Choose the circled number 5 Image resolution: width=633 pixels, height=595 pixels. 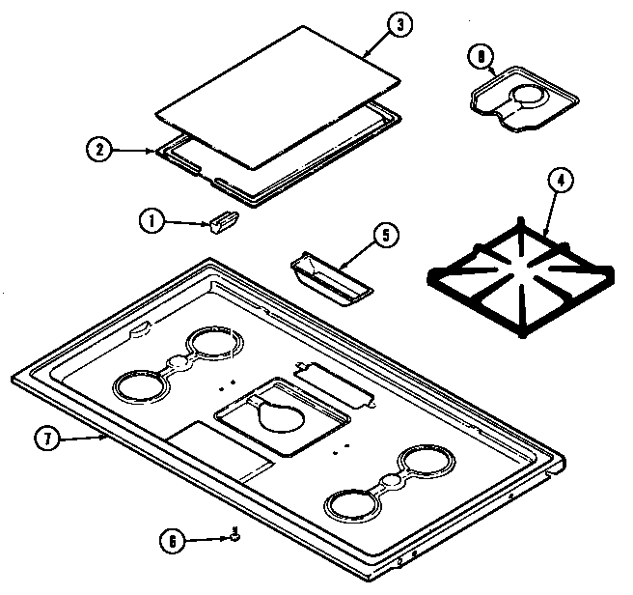pos(382,234)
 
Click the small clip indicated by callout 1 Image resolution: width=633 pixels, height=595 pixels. pos(220,224)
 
